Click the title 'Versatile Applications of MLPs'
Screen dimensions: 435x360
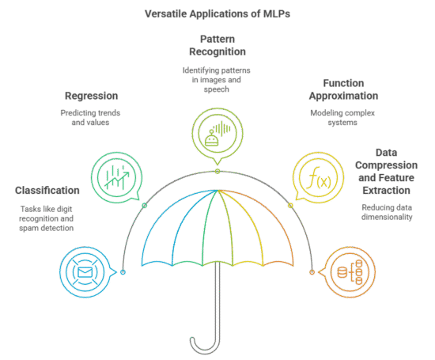(217, 14)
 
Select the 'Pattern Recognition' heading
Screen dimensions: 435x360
(217, 45)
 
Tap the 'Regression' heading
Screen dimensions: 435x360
(91, 96)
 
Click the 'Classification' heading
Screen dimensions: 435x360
(47, 191)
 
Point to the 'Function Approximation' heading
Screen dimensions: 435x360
(343, 89)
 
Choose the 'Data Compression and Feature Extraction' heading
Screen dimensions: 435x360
(386, 172)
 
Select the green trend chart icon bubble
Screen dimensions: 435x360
(117, 176)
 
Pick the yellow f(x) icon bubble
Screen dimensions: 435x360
(319, 176)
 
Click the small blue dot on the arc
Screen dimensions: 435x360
(123, 272)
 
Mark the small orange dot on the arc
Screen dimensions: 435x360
(312, 272)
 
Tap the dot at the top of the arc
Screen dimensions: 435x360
(217, 171)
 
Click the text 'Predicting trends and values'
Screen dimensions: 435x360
(90, 118)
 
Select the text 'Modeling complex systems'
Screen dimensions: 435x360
(342, 118)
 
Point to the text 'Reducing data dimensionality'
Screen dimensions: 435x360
(387, 212)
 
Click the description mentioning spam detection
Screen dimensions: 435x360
(47, 218)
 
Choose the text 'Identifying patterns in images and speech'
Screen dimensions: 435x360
(217, 80)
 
